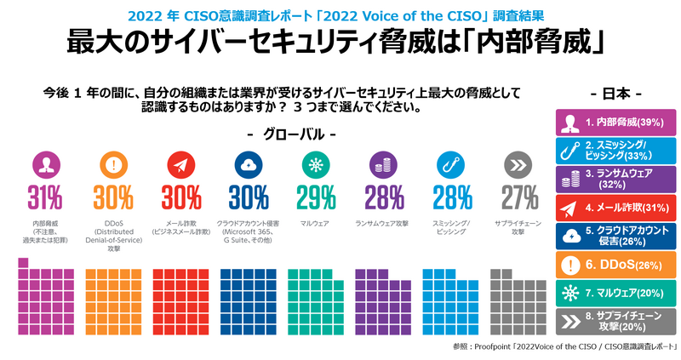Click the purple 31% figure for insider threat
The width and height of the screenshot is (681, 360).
(44, 197)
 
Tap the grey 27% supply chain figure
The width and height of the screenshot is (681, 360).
(519, 197)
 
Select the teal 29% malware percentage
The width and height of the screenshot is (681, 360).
(316, 197)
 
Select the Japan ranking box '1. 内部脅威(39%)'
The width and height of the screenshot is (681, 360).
(615, 122)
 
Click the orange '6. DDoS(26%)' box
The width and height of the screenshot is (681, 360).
(615, 265)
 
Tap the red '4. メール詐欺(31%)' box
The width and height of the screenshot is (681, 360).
(615, 207)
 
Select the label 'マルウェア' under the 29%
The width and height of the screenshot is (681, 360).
(316, 224)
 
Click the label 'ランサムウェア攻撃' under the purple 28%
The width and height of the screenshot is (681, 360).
(383, 224)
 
